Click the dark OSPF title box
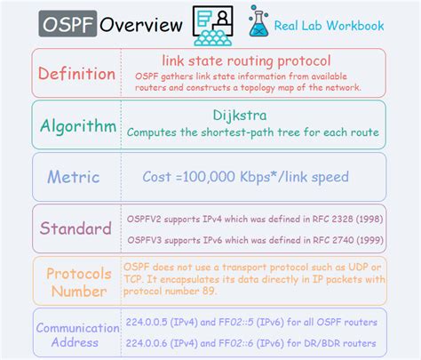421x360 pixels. (x=68, y=24)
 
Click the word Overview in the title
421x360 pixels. (x=140, y=24)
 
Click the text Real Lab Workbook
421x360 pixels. (x=330, y=25)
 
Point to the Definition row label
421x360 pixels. (x=76, y=74)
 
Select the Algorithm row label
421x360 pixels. (x=78, y=125)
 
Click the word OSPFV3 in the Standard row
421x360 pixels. (x=148, y=240)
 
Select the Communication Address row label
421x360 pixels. (x=78, y=335)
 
